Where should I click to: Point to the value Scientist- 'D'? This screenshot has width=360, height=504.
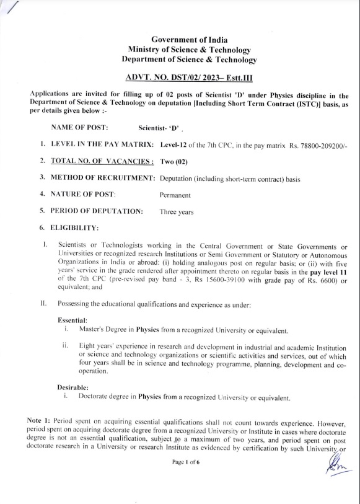coord(159,128)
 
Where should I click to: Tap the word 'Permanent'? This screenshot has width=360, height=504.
coord(175,195)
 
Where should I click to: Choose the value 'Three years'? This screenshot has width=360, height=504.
coord(177,211)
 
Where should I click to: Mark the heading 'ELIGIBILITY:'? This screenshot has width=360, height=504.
coord(74,228)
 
